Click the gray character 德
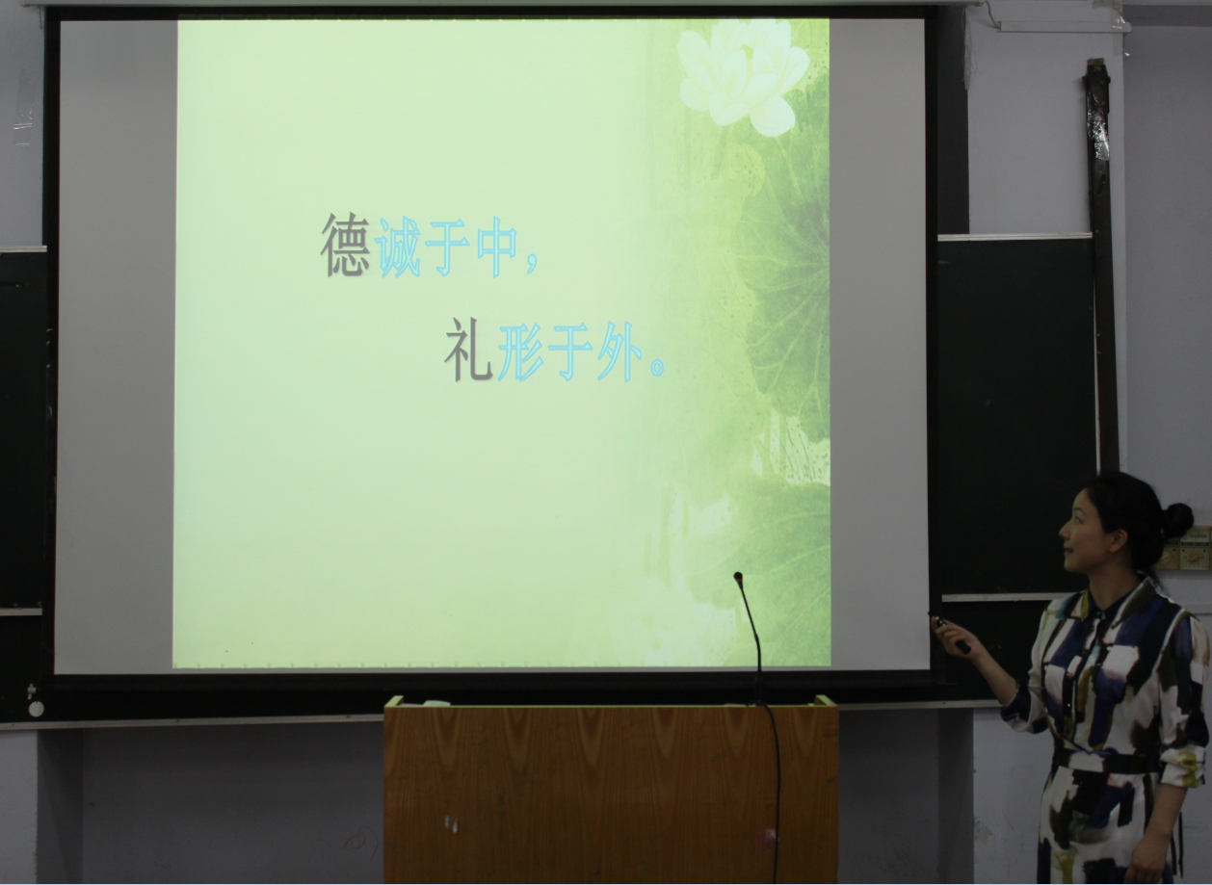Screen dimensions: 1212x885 click(x=346, y=245)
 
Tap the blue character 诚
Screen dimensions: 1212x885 click(x=399, y=247)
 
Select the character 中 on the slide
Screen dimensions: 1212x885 click(x=497, y=247)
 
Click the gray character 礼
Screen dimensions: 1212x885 click(x=468, y=350)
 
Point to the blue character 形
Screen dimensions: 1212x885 click(x=520, y=351)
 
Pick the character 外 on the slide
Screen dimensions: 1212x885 click(x=619, y=351)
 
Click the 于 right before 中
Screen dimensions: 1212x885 click(x=447, y=247)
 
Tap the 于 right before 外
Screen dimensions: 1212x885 click(x=569, y=351)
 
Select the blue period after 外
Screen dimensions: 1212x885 click(x=657, y=367)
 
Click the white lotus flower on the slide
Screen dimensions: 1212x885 click(x=744, y=76)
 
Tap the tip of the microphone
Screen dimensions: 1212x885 click(x=737, y=577)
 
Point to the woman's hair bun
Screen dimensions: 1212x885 click(x=1178, y=520)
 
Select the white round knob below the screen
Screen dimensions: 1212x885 click(x=36, y=709)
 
